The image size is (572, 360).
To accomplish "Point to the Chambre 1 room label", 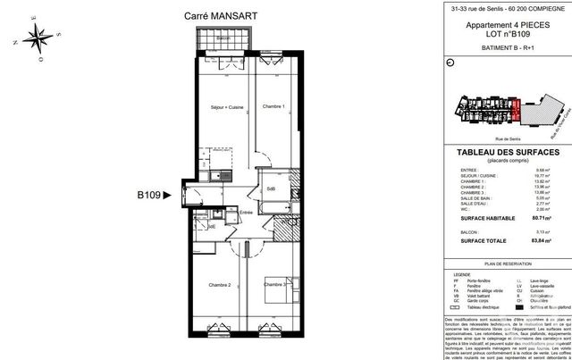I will (x=273, y=107).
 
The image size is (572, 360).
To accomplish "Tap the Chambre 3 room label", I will (x=275, y=285).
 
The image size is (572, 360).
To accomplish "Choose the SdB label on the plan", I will (x=270, y=189).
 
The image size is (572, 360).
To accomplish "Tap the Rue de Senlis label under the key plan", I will (x=483, y=138).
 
